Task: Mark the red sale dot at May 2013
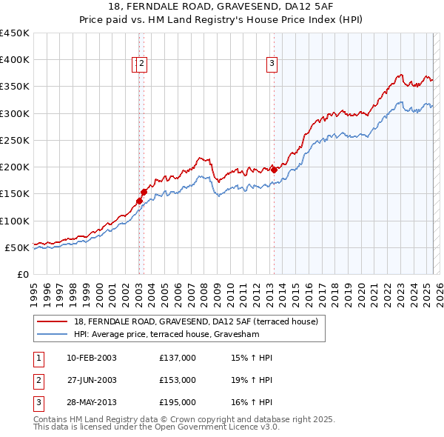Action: click(x=274, y=170)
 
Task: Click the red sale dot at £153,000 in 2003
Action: click(x=144, y=193)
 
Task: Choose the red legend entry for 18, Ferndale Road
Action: click(x=195, y=321)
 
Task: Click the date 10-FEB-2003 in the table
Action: click(x=92, y=358)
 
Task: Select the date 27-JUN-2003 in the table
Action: click(x=92, y=380)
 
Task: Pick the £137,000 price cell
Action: click(x=177, y=358)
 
